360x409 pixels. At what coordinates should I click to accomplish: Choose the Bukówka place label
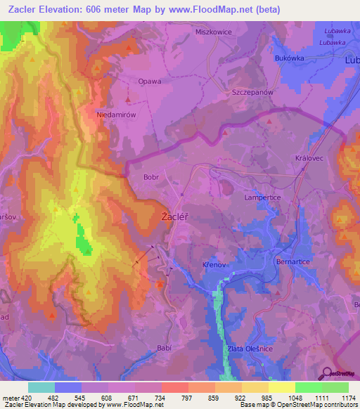[290, 58]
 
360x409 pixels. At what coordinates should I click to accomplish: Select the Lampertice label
[262, 199]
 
